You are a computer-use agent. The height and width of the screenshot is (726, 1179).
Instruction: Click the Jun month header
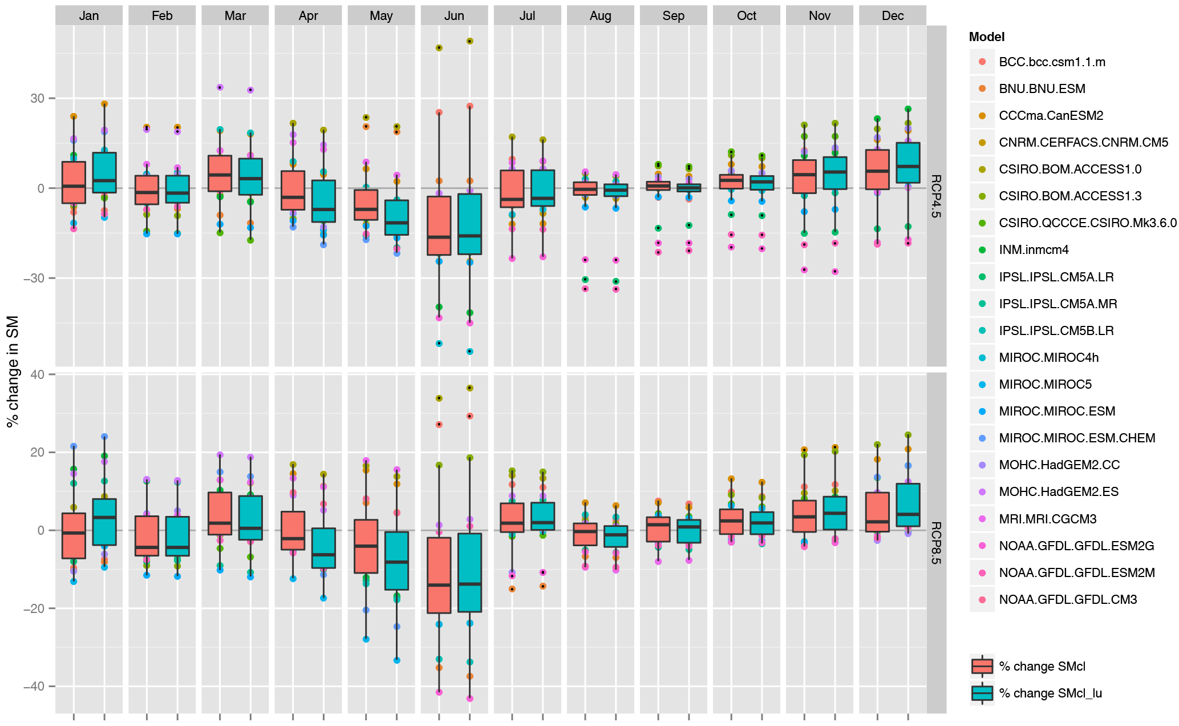click(x=454, y=15)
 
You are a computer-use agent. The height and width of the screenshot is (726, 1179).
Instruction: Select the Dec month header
click(x=892, y=15)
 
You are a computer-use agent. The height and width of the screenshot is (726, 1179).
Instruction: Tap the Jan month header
click(x=89, y=15)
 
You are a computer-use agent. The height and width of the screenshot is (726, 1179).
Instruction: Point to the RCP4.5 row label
click(x=936, y=196)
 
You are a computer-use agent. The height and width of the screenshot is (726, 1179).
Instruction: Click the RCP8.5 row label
click(x=936, y=542)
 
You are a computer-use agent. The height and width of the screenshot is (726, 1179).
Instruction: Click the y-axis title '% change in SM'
click(x=13, y=371)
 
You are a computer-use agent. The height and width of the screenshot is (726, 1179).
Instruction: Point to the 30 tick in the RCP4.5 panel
click(x=37, y=98)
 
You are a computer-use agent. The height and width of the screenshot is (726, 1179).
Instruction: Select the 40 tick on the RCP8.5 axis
click(x=37, y=374)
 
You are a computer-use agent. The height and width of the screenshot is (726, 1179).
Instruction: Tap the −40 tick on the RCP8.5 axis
click(x=34, y=686)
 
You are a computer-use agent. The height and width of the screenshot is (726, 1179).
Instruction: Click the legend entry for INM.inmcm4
click(x=1034, y=250)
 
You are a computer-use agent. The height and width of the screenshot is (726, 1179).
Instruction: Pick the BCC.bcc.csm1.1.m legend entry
click(x=1052, y=62)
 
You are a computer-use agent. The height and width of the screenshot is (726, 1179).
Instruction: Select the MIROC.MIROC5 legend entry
click(x=1045, y=384)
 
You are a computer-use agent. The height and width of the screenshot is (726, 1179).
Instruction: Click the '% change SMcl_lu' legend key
click(x=982, y=693)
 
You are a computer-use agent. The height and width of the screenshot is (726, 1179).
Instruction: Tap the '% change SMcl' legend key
click(x=982, y=666)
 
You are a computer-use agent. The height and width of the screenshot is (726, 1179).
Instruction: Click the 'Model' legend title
click(x=986, y=37)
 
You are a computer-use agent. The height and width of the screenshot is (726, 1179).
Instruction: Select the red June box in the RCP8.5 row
click(x=439, y=575)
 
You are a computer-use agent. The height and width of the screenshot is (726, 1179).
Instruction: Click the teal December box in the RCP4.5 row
click(x=907, y=163)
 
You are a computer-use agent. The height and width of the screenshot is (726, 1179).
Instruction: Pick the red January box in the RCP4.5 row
click(x=74, y=182)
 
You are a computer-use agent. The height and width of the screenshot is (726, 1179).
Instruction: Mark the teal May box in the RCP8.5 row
click(x=396, y=560)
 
